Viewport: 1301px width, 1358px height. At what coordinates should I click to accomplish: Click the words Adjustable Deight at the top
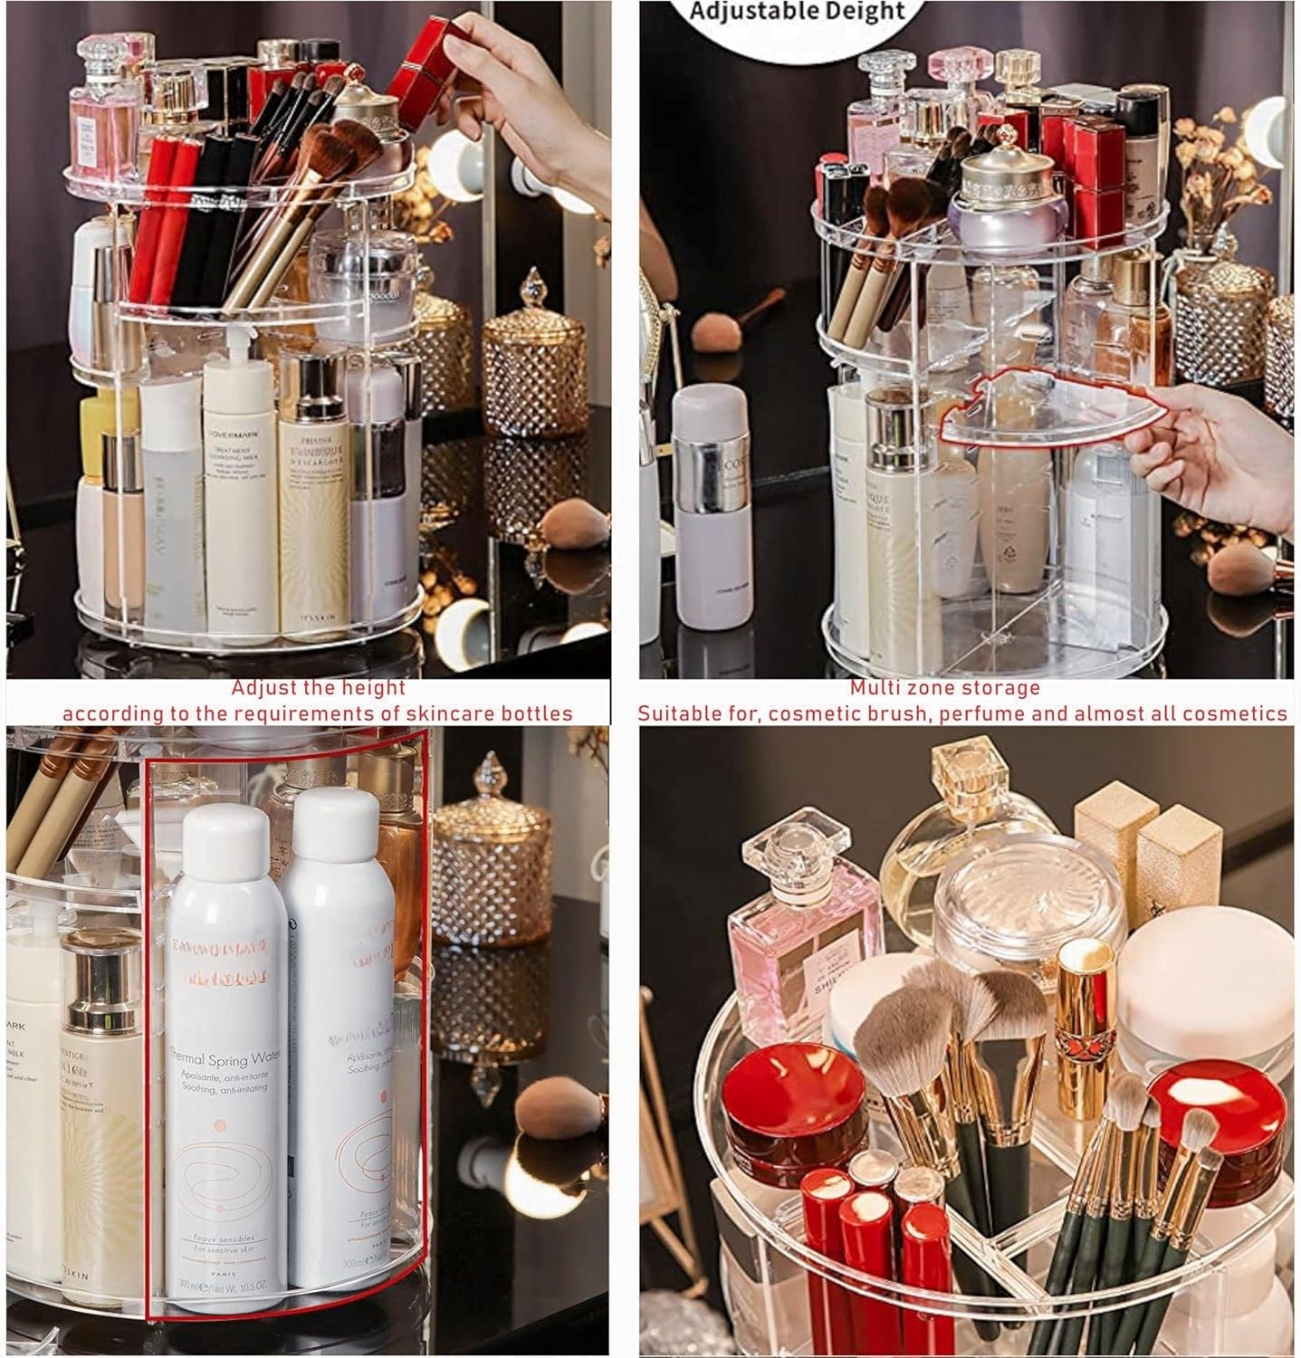coord(797,12)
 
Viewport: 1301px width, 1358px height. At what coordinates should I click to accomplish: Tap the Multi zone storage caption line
coord(944,688)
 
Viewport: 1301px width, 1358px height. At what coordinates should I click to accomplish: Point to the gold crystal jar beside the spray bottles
coord(492,851)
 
